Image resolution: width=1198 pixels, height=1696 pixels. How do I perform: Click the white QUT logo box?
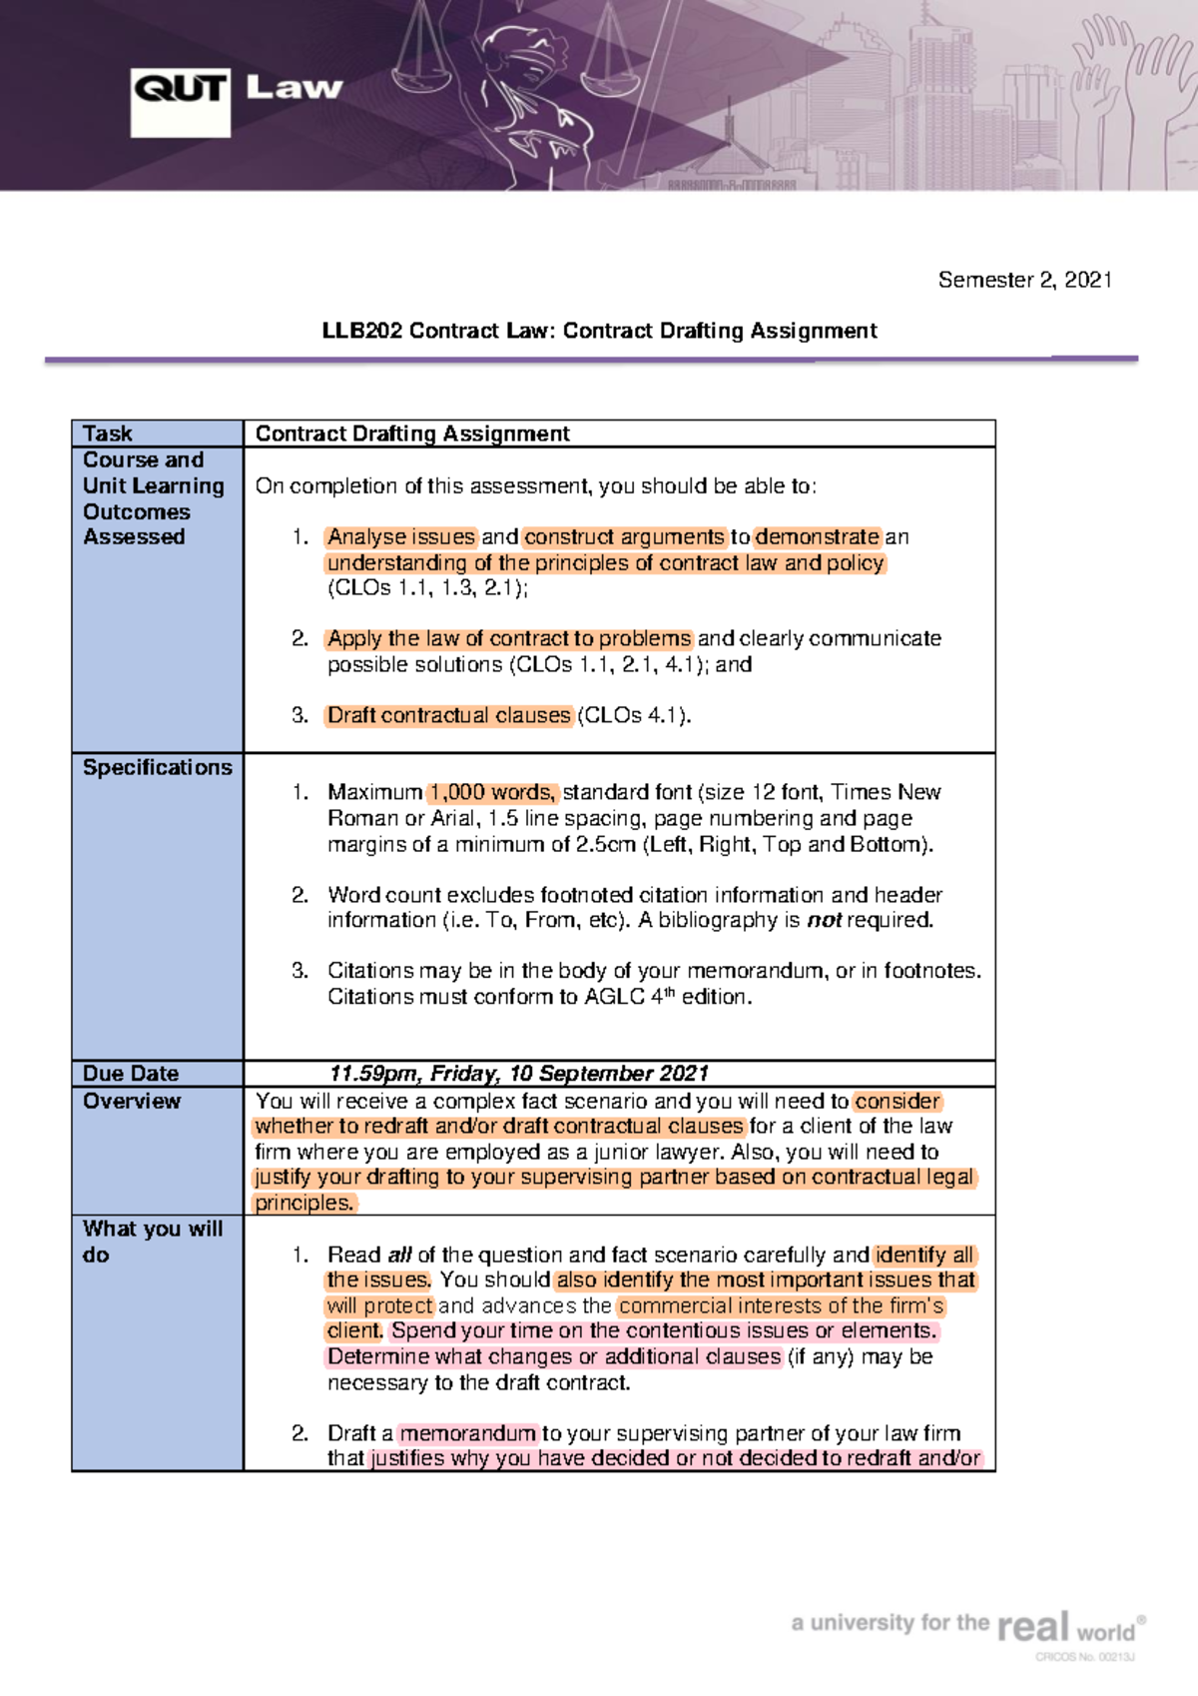[x=180, y=102]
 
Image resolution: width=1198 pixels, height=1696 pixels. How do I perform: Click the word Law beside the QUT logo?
[x=294, y=88]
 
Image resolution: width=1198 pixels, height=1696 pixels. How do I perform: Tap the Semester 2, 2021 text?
[x=1024, y=280]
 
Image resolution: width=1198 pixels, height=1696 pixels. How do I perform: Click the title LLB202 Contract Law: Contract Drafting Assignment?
[x=599, y=331]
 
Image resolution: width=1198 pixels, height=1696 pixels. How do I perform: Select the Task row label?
[x=108, y=433]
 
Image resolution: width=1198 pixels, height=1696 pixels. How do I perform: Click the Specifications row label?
[x=157, y=767]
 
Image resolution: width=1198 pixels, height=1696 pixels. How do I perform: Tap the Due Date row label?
[x=131, y=1074]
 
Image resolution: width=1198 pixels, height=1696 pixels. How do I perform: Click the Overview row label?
[x=132, y=1101]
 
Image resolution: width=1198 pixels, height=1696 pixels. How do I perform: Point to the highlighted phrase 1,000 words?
[x=493, y=792]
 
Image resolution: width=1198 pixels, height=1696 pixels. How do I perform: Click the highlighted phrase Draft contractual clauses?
[x=449, y=715]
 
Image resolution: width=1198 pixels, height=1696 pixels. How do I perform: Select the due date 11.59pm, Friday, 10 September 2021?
[x=519, y=1074]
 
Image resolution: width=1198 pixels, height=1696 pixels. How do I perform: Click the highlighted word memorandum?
[x=468, y=1433]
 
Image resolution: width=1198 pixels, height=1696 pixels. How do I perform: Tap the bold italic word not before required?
[x=824, y=920]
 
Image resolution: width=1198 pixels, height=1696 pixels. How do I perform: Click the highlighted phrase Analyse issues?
[x=401, y=536]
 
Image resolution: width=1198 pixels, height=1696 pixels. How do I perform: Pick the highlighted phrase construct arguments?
[x=624, y=536]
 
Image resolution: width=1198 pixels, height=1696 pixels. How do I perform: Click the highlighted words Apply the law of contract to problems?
[x=509, y=638]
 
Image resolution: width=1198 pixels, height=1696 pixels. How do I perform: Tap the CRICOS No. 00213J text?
[x=1085, y=1657]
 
